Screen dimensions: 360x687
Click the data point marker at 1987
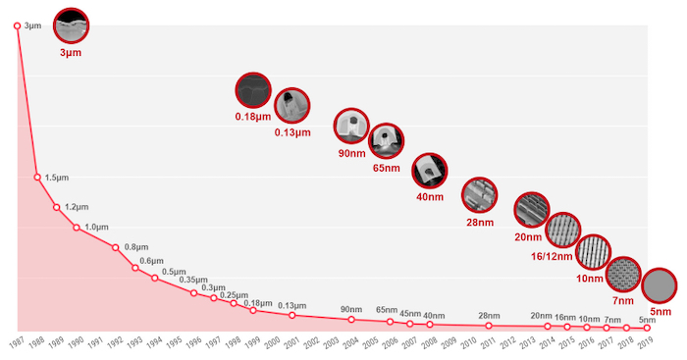[18, 26]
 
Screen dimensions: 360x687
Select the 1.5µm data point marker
[37, 178]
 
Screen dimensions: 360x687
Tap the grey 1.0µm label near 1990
[96, 228]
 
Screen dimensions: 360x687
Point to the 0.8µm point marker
[116, 247]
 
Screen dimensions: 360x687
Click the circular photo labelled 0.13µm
[291, 104]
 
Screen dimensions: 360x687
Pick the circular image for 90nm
[351, 126]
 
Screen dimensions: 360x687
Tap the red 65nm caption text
[387, 168]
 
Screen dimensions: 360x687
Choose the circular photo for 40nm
[430, 171]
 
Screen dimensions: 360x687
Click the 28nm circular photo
[479, 195]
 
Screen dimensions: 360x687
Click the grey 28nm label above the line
[489, 315]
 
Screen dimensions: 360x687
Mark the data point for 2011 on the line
[489, 325]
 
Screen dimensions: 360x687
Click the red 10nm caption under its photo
[589, 279]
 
